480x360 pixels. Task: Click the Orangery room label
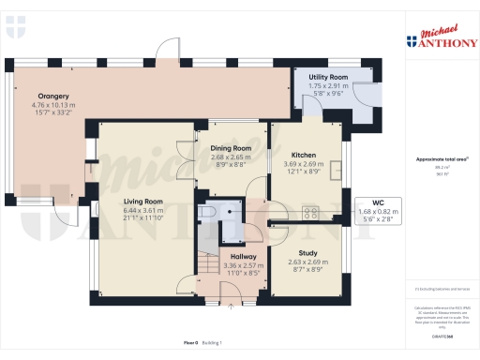click(53, 96)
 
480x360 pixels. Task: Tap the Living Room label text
click(142, 201)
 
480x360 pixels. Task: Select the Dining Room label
click(230, 149)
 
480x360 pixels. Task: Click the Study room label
click(307, 253)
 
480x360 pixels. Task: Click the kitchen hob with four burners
click(309, 213)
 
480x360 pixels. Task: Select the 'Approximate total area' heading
click(436, 159)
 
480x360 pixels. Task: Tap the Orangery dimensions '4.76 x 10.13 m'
click(53, 104)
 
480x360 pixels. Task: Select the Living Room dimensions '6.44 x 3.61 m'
click(142, 210)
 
